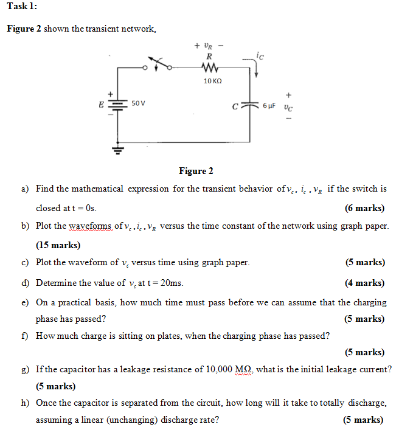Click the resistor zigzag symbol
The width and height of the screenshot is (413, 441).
coord(209,68)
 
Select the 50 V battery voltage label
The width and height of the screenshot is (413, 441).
coord(137,104)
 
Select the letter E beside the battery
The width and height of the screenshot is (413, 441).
coord(101,104)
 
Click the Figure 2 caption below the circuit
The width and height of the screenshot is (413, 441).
coord(196,171)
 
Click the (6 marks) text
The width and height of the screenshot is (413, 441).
coord(364,207)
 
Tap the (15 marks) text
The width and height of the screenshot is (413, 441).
coord(58,245)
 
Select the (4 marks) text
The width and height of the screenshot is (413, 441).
coord(364,283)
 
